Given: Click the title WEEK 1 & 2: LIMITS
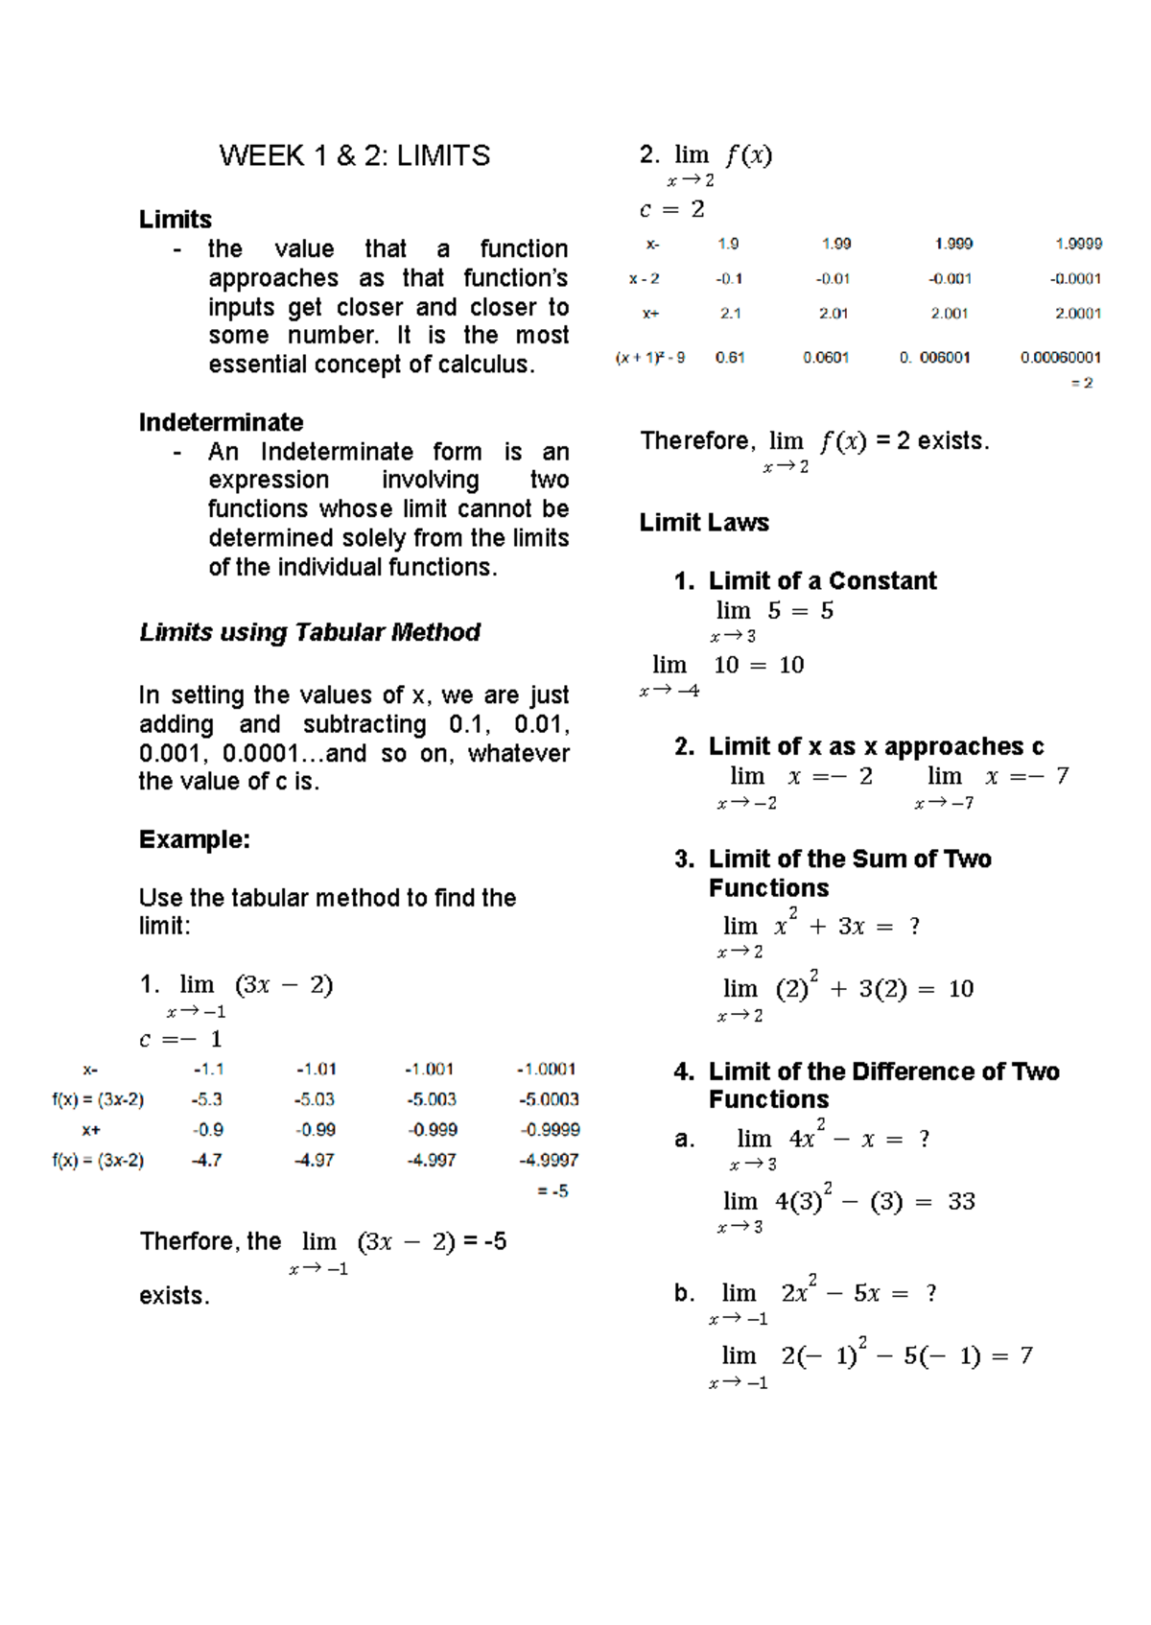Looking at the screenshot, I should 354,155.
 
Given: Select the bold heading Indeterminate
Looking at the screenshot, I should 221,422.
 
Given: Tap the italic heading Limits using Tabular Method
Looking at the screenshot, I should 310,632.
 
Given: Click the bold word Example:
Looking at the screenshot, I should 195,839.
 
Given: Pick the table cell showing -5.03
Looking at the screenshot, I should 315,1099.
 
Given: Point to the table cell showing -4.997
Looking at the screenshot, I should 432,1160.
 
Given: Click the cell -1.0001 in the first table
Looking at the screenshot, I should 547,1069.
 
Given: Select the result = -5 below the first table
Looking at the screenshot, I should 552,1190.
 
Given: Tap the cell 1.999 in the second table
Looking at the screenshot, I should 953,244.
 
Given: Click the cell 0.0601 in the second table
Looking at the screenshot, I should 826,357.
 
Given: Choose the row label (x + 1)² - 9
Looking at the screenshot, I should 650,358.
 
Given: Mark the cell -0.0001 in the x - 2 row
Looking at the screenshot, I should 1075,278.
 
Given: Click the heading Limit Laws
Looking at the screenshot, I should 704,523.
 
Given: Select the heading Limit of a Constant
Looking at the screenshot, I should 822,580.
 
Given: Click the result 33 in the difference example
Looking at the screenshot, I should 961,1201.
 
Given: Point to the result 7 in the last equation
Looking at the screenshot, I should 1026,1355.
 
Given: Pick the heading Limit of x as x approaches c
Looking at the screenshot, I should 876,746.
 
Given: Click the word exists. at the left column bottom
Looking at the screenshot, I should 174,1296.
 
